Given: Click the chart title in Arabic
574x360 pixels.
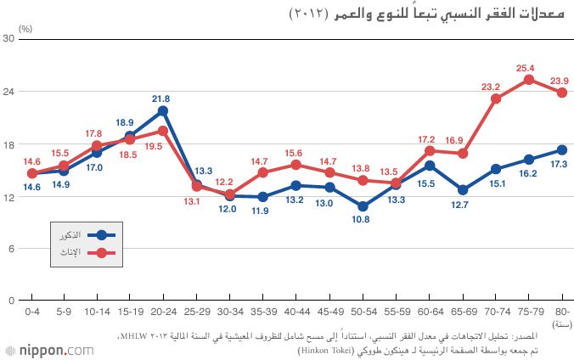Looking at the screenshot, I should tap(429, 14).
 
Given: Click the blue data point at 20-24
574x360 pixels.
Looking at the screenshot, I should tap(162, 111).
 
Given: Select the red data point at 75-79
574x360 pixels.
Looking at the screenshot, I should tap(528, 80).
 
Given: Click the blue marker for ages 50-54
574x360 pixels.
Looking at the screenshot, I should tap(363, 206).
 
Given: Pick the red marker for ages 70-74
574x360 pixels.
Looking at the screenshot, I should tap(496, 98).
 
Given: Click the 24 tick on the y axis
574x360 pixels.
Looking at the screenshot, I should tap(12, 92).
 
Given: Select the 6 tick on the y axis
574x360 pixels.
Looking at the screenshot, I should tap(13, 248).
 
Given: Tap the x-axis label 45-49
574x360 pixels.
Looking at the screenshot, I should tap(329, 313).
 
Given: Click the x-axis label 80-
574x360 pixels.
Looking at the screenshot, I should tap(561, 313).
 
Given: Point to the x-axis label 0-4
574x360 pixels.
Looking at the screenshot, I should tap(33, 313).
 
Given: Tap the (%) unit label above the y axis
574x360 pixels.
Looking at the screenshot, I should tap(26, 28).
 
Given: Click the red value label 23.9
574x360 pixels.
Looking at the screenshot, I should tap(560, 81).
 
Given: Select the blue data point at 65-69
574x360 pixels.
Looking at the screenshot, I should tap(462, 190).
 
